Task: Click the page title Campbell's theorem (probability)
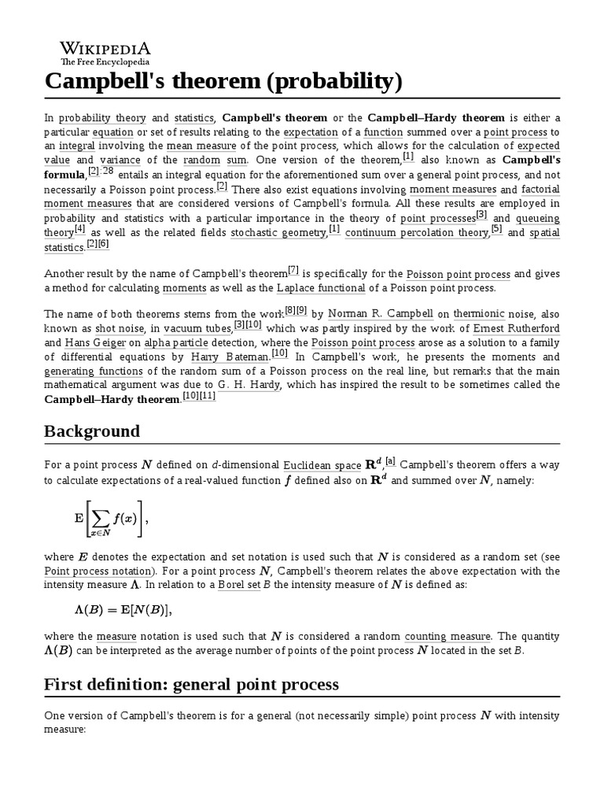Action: [223, 81]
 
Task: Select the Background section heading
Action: [92, 431]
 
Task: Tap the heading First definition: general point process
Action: [191, 684]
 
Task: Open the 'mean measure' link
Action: [193, 146]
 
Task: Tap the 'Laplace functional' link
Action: [315, 289]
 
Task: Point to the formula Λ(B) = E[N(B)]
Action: [122, 610]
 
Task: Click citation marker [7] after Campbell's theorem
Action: [293, 270]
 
